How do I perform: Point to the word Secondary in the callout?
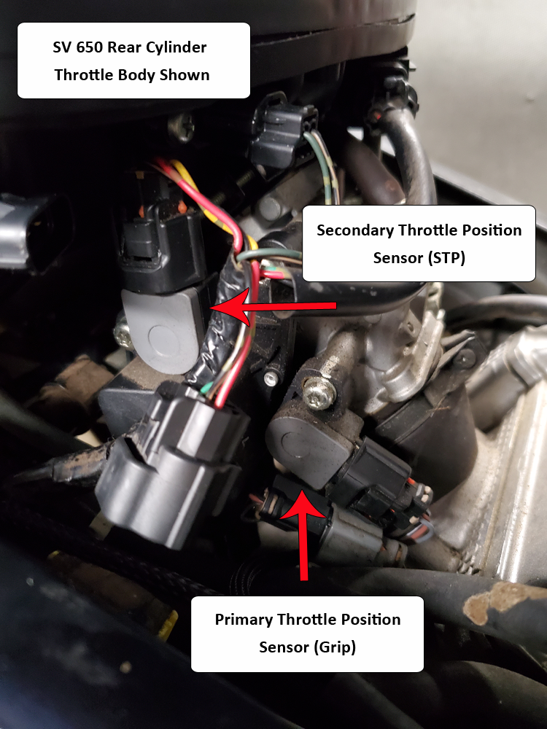tap(355, 230)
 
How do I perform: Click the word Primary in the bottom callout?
tap(244, 620)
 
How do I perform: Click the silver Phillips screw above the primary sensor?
tap(319, 394)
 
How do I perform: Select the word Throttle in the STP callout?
tap(424, 230)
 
